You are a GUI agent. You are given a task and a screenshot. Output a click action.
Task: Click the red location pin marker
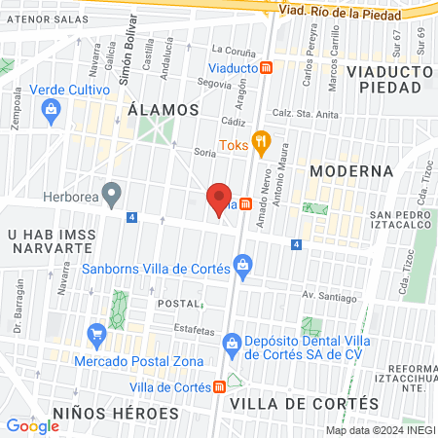(x=220, y=198)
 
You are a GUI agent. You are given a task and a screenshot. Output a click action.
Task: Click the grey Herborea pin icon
(x=113, y=194)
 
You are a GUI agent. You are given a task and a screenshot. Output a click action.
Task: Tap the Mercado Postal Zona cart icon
(x=96, y=336)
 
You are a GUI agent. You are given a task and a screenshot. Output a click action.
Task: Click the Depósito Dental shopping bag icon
(x=232, y=343)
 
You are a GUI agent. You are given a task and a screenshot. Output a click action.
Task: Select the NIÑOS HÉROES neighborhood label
(x=116, y=413)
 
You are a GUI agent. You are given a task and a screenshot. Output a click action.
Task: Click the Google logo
(x=32, y=424)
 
